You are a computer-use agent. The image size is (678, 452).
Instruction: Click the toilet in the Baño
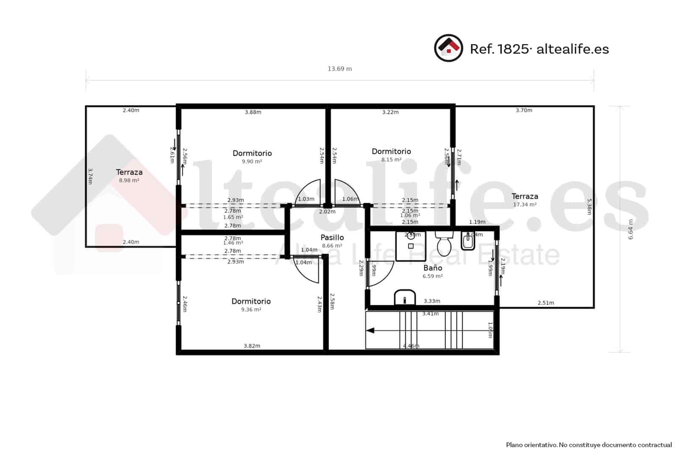(444, 243)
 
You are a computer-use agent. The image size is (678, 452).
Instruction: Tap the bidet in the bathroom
(468, 242)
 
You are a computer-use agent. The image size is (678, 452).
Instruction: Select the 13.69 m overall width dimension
(339, 69)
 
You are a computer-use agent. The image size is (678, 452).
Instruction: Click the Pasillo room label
(332, 237)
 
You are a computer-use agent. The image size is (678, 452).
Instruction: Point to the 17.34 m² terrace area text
(525, 204)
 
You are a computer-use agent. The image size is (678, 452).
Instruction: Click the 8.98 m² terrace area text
(129, 180)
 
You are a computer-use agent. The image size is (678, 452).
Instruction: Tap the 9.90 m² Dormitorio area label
(252, 162)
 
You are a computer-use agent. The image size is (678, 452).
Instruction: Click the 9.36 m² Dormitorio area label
(251, 310)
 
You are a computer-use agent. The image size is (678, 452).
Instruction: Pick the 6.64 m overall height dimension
(630, 229)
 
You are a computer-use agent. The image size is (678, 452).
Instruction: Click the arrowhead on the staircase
(370, 331)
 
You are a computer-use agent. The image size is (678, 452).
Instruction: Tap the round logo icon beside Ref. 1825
(448, 48)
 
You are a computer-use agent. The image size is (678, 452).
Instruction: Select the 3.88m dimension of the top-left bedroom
(253, 112)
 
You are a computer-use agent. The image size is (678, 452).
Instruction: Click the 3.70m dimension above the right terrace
(524, 110)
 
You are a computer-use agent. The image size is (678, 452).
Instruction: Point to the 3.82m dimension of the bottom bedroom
(252, 346)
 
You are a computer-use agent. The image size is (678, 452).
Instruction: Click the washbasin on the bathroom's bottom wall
(405, 298)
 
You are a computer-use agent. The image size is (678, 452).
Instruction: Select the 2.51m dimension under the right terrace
(545, 303)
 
